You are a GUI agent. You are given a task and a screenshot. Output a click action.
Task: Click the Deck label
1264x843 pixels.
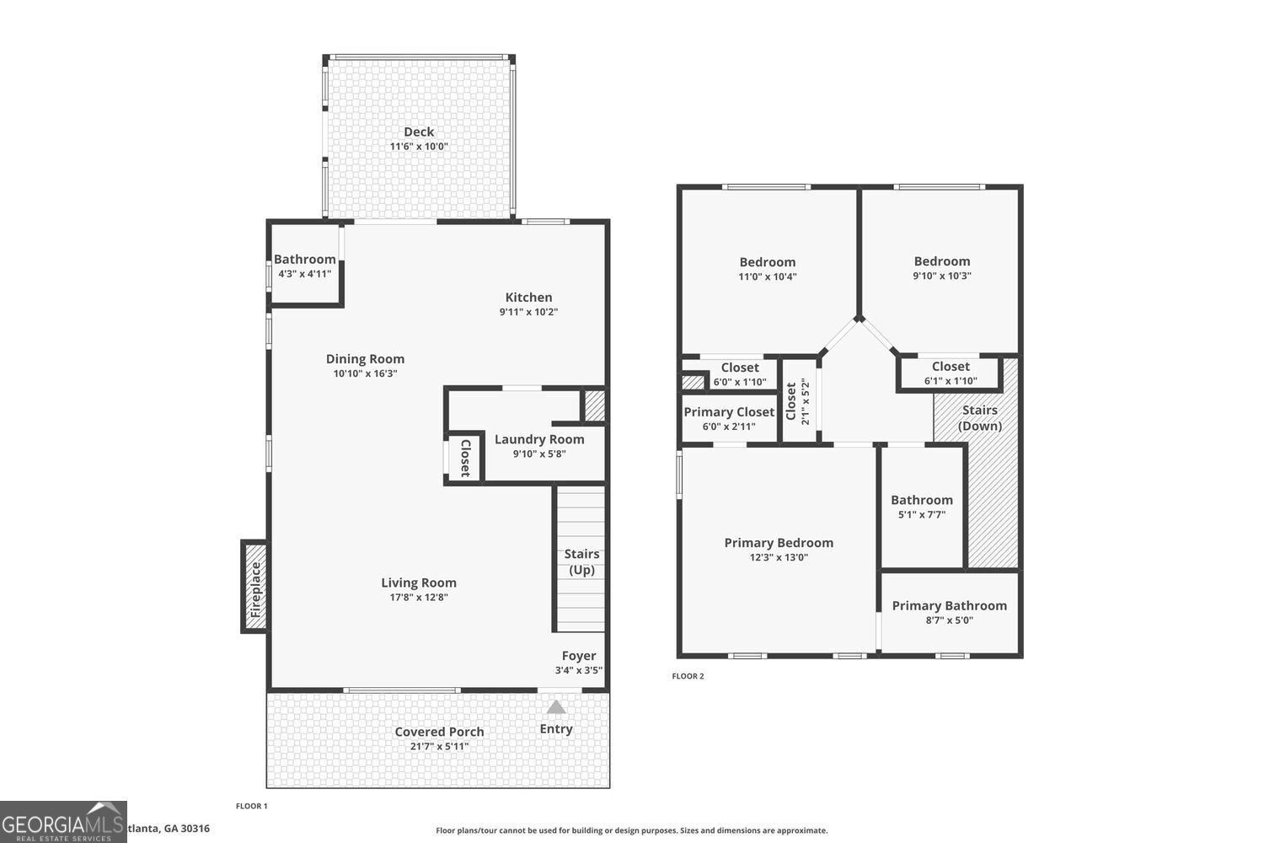[419, 132]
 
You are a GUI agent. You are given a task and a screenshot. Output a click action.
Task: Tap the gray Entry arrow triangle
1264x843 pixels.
[556, 707]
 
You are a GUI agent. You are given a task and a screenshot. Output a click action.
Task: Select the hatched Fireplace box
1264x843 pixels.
[255, 587]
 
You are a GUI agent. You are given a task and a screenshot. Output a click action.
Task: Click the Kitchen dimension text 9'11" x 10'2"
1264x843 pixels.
[528, 312]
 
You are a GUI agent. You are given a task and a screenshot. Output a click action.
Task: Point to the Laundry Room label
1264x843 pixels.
[539, 439]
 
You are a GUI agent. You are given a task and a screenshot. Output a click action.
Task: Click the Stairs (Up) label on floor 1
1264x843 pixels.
[581, 561]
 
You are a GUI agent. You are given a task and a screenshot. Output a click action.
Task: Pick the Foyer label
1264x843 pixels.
[579, 656]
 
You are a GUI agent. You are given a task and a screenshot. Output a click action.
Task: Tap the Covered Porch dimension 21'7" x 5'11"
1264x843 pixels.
[439, 746]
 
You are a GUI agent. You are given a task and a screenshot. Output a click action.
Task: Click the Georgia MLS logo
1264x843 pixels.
[63, 822]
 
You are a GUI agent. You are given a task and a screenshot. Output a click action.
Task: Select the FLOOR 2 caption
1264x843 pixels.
[688, 676]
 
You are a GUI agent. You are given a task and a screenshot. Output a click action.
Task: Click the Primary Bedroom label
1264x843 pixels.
[779, 543]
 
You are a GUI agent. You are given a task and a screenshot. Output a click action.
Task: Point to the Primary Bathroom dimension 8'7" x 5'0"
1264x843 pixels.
[949, 620]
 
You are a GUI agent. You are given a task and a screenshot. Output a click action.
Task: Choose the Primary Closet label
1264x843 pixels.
[729, 412]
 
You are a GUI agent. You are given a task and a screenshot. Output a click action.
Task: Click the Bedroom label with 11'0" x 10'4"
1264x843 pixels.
[768, 262]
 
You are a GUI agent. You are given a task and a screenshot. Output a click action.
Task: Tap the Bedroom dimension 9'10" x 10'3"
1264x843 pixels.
[942, 276]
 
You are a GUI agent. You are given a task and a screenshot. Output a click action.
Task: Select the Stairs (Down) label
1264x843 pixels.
[980, 418]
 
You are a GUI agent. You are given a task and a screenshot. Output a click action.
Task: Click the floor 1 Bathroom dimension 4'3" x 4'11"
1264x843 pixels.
[305, 274]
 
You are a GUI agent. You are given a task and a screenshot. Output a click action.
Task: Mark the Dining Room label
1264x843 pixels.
[365, 359]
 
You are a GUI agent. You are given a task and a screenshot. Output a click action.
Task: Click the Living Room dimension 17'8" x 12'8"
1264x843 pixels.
[419, 598]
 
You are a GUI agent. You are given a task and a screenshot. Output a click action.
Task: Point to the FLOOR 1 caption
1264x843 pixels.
[251, 806]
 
